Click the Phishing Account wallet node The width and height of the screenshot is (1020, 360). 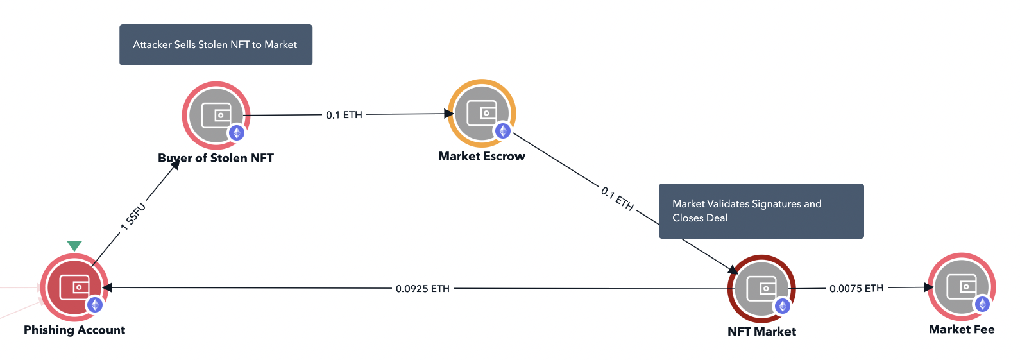pos(74,287)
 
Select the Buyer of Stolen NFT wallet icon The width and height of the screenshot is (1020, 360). pos(216,116)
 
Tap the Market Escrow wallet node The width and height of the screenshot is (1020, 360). pos(482,114)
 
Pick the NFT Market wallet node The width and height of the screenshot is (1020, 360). pos(761,289)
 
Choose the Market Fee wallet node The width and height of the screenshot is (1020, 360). pos(962,287)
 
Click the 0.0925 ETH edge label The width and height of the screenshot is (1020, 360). pos(423,289)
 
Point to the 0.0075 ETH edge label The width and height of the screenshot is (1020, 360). pos(856,289)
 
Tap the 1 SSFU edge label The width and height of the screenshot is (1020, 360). pos(133,217)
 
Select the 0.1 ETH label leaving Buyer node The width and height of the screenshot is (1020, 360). pos(344,115)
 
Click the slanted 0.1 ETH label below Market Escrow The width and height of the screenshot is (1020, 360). pos(617,199)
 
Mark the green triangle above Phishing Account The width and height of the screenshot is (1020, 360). pos(74,246)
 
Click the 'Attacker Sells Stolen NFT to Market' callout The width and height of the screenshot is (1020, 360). pos(216,45)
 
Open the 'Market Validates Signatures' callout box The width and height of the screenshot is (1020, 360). pos(761,211)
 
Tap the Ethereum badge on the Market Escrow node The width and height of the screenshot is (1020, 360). pos(503,131)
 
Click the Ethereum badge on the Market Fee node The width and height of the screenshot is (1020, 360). pos(983,304)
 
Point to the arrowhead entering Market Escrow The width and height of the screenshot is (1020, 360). pos(450,114)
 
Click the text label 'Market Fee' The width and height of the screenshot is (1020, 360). pos(962,329)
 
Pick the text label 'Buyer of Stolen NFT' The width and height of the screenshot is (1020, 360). pos(216,158)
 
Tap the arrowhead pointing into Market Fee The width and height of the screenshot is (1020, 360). pos(929,287)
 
